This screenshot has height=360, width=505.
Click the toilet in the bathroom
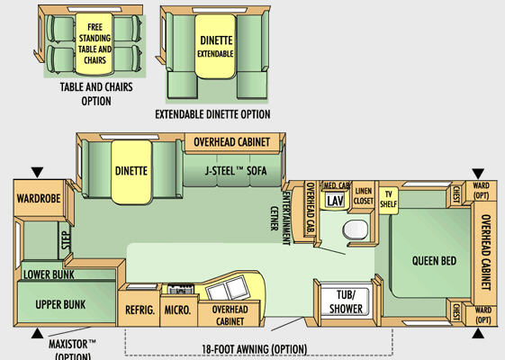point(355,229)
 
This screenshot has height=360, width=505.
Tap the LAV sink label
point(335,201)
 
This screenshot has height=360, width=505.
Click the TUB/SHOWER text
point(346,301)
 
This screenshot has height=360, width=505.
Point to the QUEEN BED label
point(434,260)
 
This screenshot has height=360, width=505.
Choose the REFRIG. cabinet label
point(140,310)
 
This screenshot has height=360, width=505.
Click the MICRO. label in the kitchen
point(177,310)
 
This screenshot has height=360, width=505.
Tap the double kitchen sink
point(228,287)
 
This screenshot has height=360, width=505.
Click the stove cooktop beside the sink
point(181,289)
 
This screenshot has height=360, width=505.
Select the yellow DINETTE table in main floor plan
point(131,172)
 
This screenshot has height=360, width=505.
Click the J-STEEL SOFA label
point(236,171)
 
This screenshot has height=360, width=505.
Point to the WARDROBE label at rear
point(39,198)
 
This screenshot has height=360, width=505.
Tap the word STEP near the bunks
point(66,240)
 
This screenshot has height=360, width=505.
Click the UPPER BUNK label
point(60,304)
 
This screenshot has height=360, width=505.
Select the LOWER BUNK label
point(49,274)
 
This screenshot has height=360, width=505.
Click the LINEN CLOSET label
point(364,196)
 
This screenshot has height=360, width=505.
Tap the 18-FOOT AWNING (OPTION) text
point(254,349)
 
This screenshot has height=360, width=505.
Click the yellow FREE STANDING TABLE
point(94,44)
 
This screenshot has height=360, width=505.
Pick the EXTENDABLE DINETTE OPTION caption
point(212,114)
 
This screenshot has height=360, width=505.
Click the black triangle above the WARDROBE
point(38,172)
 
